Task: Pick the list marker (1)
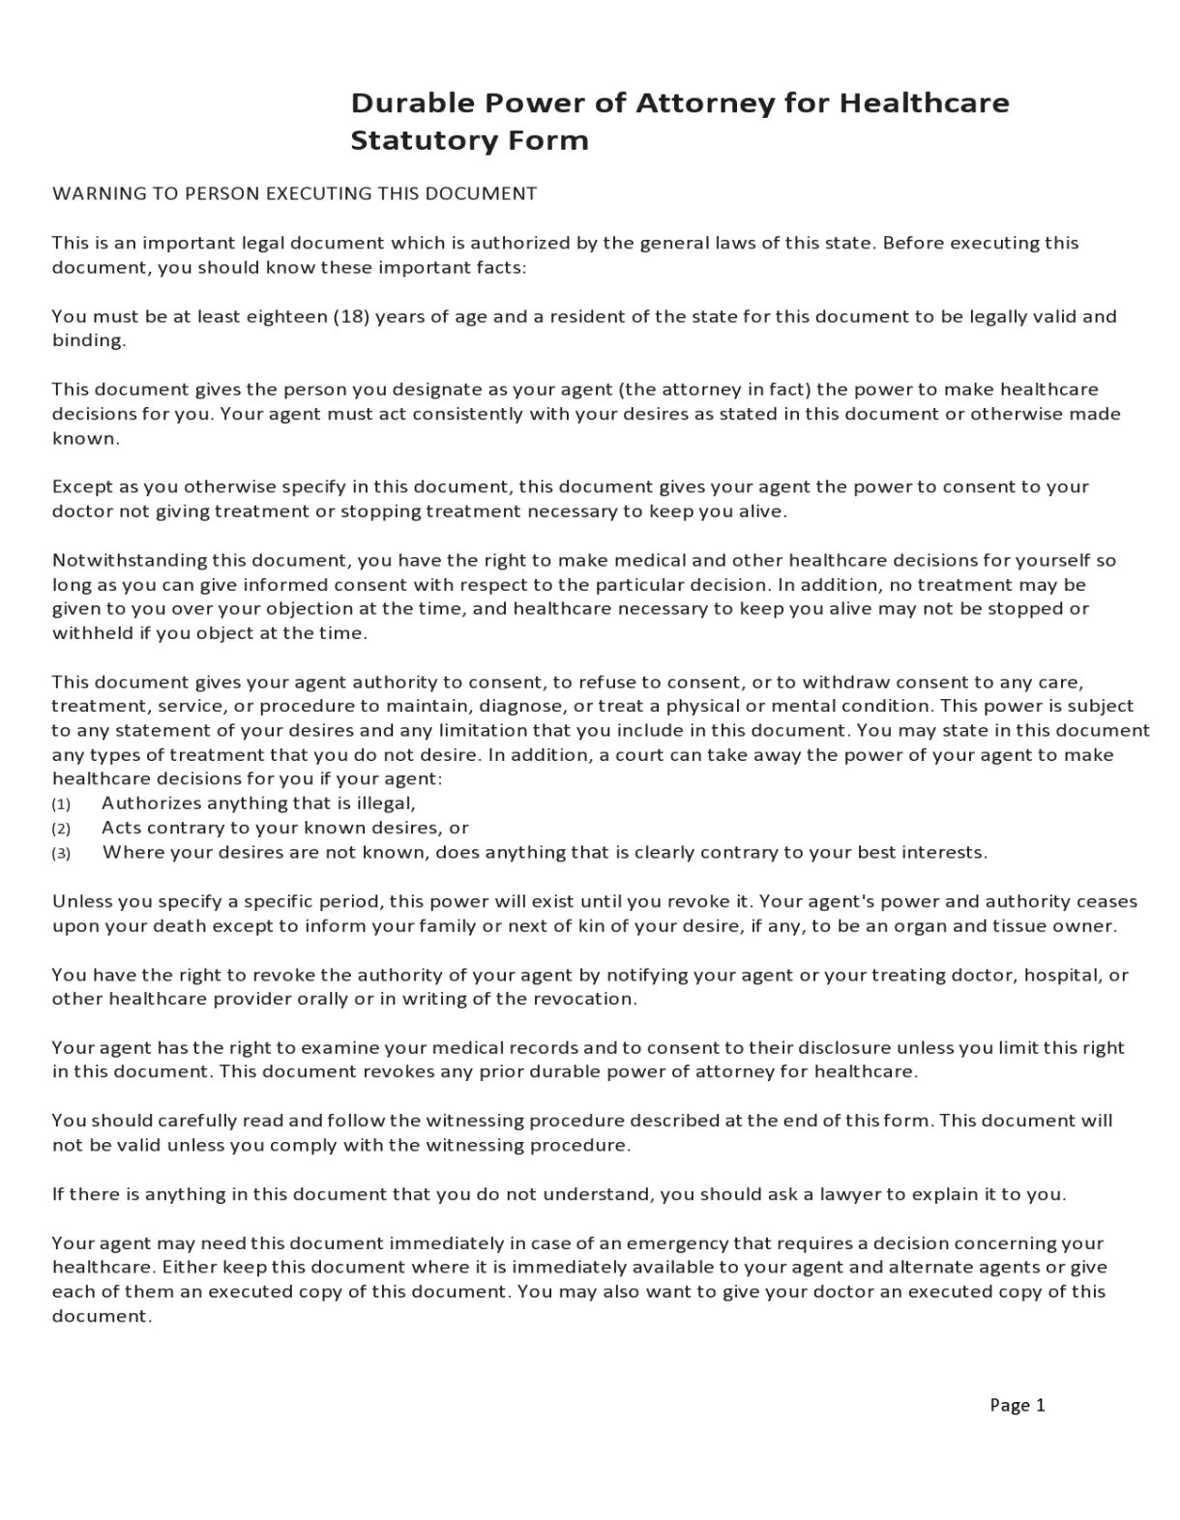pyautogui.click(x=61, y=804)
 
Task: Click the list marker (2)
pyautogui.click(x=61, y=829)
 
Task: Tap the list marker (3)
pyautogui.click(x=61, y=854)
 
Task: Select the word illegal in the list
pyautogui.click(x=385, y=804)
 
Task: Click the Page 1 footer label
pyautogui.click(x=1017, y=1405)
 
